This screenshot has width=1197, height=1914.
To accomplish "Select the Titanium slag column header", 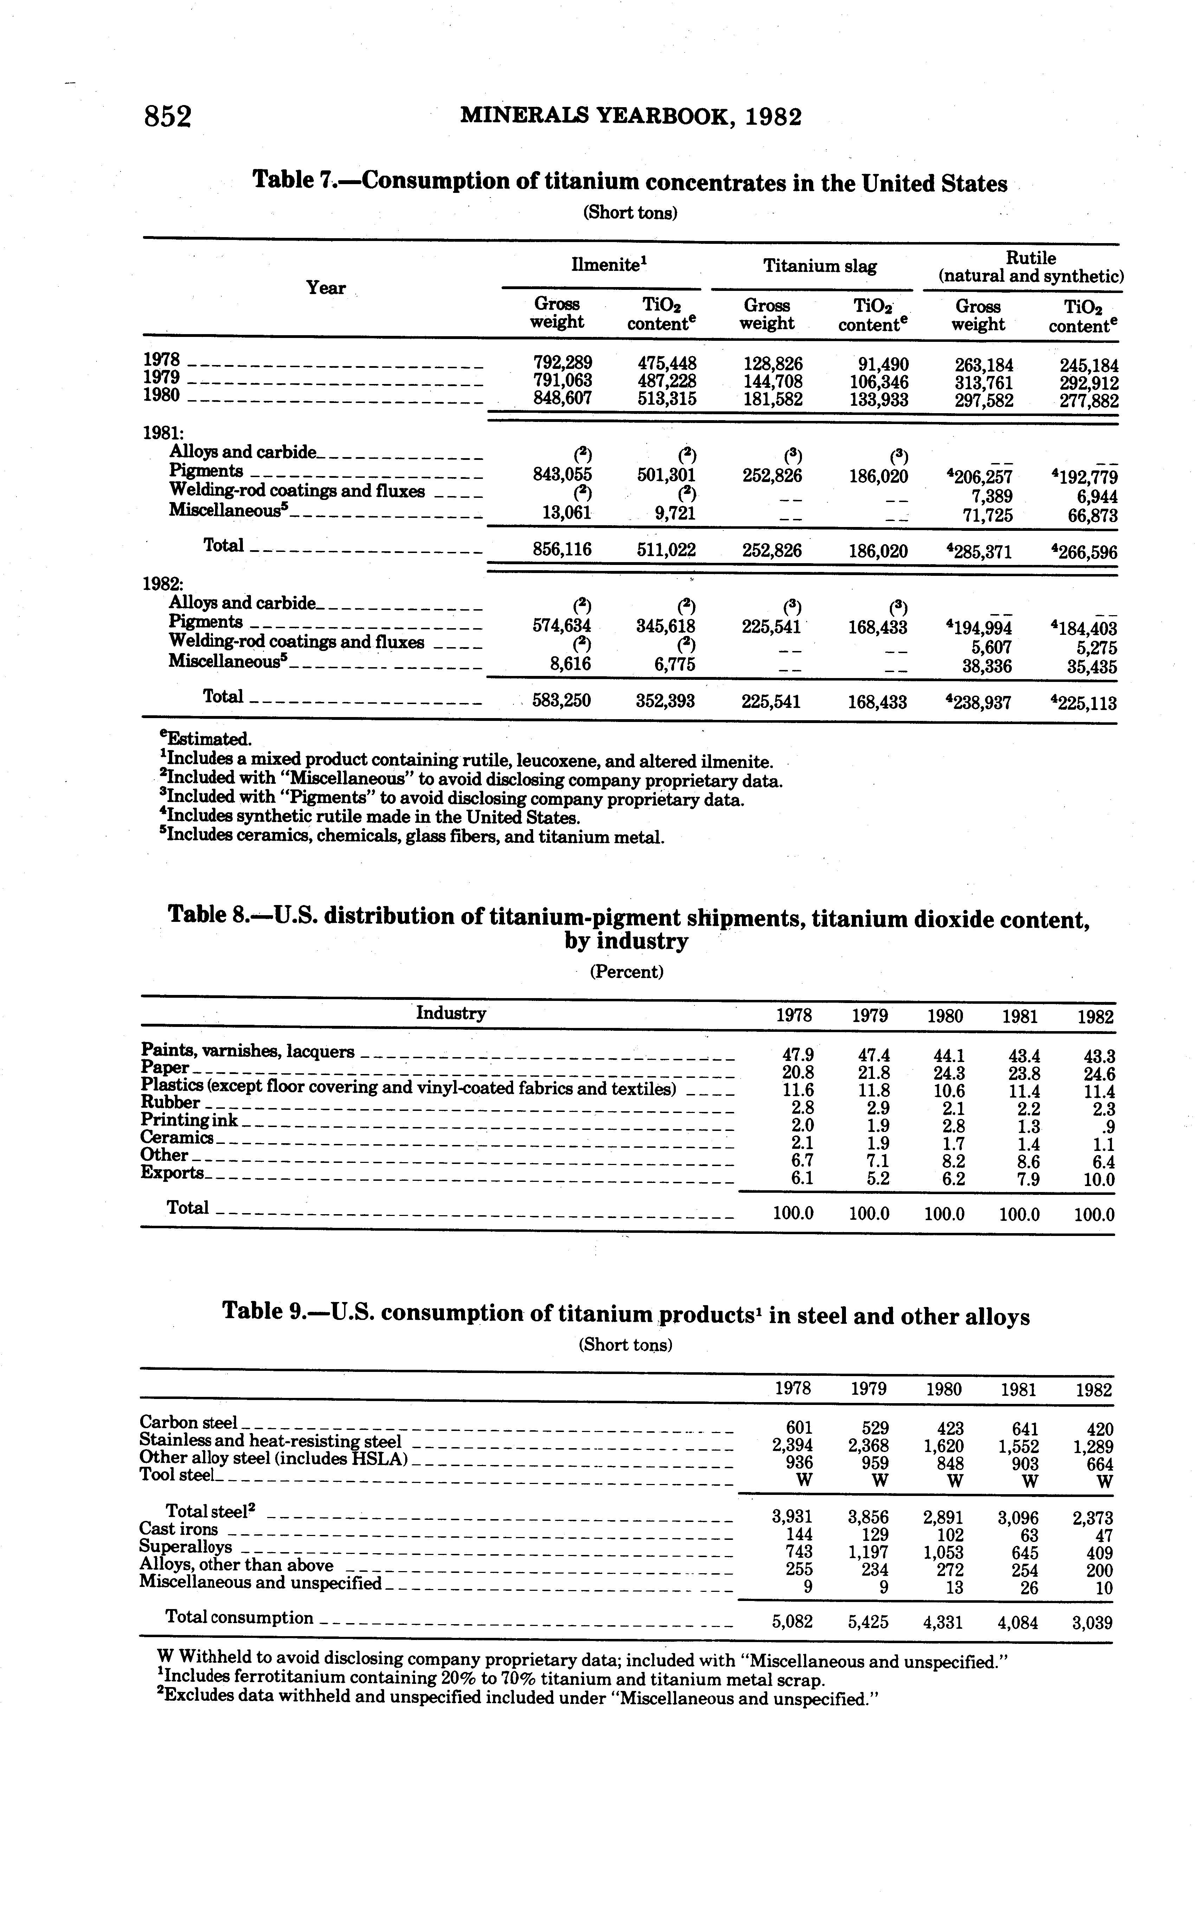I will [x=819, y=267].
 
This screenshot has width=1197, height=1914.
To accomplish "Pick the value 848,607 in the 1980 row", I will [x=562, y=398].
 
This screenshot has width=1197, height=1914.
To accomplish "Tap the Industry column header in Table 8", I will [x=451, y=1014].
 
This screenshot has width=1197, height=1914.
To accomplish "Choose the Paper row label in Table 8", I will [x=164, y=1068].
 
